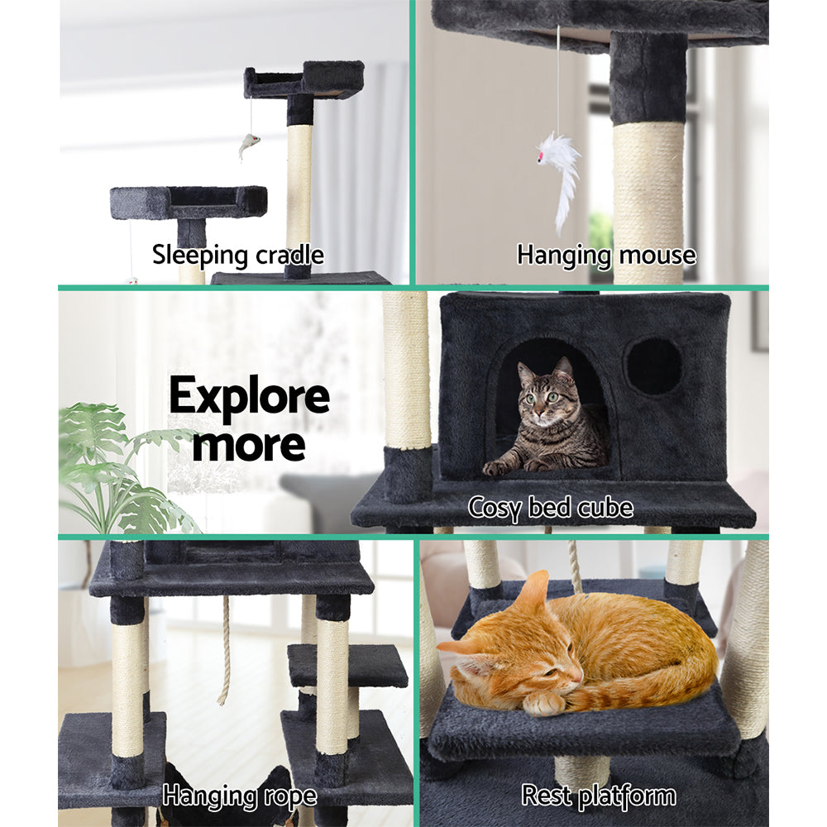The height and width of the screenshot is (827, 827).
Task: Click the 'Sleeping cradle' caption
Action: tap(237, 255)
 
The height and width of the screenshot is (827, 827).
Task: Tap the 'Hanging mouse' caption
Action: tap(606, 255)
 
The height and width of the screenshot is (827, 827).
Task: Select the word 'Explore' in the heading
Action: tap(249, 398)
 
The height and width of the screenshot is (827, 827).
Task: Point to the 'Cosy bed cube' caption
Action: tap(551, 506)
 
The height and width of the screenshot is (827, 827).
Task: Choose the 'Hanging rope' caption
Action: tap(239, 796)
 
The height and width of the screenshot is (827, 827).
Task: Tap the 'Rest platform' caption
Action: tap(598, 796)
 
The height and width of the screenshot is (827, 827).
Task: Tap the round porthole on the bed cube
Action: tap(653, 366)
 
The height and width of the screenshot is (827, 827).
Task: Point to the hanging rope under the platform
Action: tap(224, 653)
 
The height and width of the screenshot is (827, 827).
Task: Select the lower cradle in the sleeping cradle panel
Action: tap(189, 202)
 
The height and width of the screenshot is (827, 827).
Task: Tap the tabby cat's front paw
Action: tap(497, 467)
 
